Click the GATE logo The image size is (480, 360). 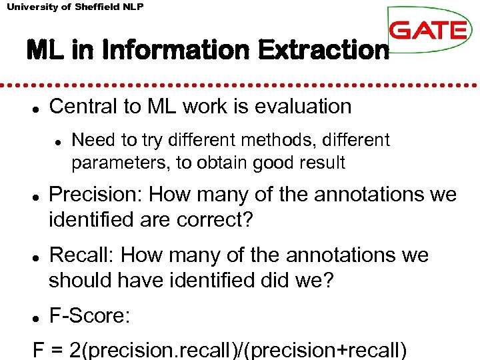pyautogui.click(x=427, y=30)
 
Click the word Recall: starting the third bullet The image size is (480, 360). pyautogui.click(x=83, y=255)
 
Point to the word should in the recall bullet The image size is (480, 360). pyautogui.click(x=79, y=281)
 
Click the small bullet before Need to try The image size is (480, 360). pyautogui.click(x=59, y=142)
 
